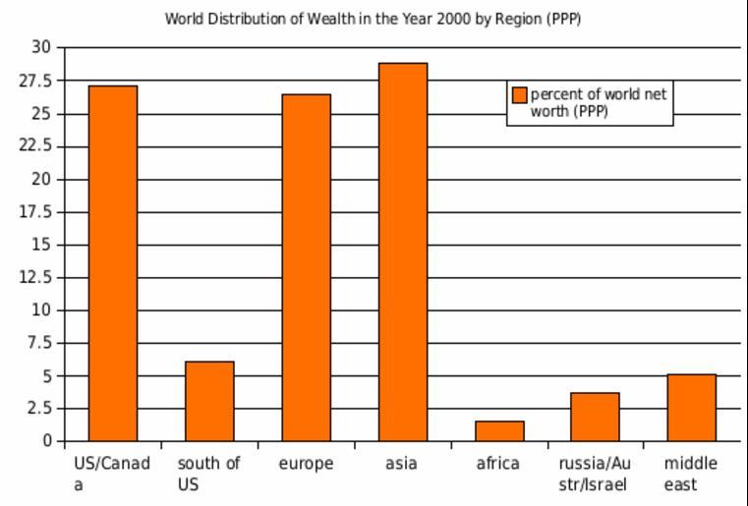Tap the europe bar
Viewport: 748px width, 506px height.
(x=306, y=267)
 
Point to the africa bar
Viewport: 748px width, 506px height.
(x=499, y=430)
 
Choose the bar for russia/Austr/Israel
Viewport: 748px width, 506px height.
(x=595, y=417)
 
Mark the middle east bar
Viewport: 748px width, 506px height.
(x=691, y=407)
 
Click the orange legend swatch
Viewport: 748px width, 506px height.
(x=520, y=94)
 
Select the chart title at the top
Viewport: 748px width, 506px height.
(x=373, y=19)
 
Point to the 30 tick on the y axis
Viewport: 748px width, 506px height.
(x=40, y=47)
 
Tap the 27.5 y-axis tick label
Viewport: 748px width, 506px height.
(x=34, y=81)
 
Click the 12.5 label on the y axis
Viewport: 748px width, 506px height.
(x=34, y=277)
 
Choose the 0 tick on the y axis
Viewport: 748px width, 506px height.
(x=45, y=441)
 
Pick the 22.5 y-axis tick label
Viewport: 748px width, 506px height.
(x=34, y=146)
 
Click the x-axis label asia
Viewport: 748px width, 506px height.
(x=401, y=464)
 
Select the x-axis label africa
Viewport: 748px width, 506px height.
(x=497, y=464)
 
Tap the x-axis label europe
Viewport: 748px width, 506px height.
(x=306, y=464)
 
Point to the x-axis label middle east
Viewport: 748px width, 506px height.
(x=690, y=474)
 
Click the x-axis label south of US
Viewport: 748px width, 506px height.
(x=208, y=474)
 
